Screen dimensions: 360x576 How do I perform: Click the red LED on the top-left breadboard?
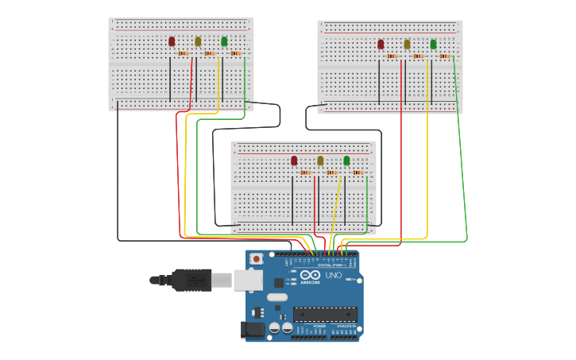pyautogui.click(x=172, y=41)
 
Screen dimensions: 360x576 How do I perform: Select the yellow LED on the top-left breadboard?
pyautogui.click(x=198, y=41)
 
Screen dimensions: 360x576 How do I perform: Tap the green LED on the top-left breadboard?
pyautogui.click(x=224, y=41)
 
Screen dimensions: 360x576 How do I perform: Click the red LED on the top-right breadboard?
pyautogui.click(x=381, y=45)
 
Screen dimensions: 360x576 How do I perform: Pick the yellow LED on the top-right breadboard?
pyautogui.click(x=407, y=45)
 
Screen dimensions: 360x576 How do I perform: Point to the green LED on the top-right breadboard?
pyautogui.click(x=433, y=45)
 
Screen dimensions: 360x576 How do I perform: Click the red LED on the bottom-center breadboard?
pyautogui.click(x=294, y=161)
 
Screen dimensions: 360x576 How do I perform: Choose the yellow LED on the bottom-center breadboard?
pyautogui.click(x=320, y=161)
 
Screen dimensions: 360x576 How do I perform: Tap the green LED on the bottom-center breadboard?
pyautogui.click(x=346, y=161)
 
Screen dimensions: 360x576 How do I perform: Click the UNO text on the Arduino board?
pyautogui.click(x=334, y=275)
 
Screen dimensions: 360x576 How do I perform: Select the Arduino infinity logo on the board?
pyautogui.click(x=310, y=275)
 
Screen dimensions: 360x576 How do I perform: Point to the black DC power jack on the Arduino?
pyautogui.click(x=253, y=329)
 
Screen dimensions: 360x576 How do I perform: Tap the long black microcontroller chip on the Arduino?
pyautogui.click(x=325, y=314)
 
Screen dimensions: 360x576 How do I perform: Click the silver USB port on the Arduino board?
pyautogui.click(x=248, y=279)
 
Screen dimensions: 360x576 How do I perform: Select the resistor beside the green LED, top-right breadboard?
pyautogui.click(x=444, y=56)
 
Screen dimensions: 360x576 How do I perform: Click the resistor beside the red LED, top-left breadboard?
pyautogui.click(x=183, y=53)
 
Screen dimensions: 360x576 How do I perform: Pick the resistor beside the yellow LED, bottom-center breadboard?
pyautogui.click(x=331, y=172)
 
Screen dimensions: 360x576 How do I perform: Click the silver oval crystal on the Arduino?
pyautogui.click(x=277, y=297)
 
